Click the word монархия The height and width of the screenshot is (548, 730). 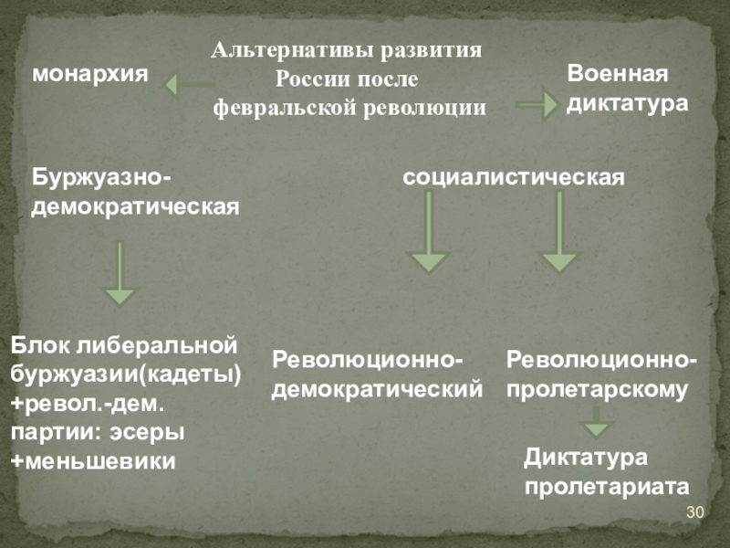(x=89, y=74)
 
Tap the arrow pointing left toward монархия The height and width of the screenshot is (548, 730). (x=183, y=86)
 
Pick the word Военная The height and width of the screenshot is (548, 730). (x=618, y=74)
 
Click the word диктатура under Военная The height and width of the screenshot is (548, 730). (x=626, y=104)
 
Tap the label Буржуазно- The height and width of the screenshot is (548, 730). (x=102, y=176)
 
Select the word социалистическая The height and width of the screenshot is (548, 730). (x=514, y=176)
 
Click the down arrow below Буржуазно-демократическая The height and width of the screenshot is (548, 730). (x=119, y=274)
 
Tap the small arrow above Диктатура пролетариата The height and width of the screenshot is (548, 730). (x=597, y=421)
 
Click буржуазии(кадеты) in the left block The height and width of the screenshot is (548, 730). (x=126, y=374)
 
